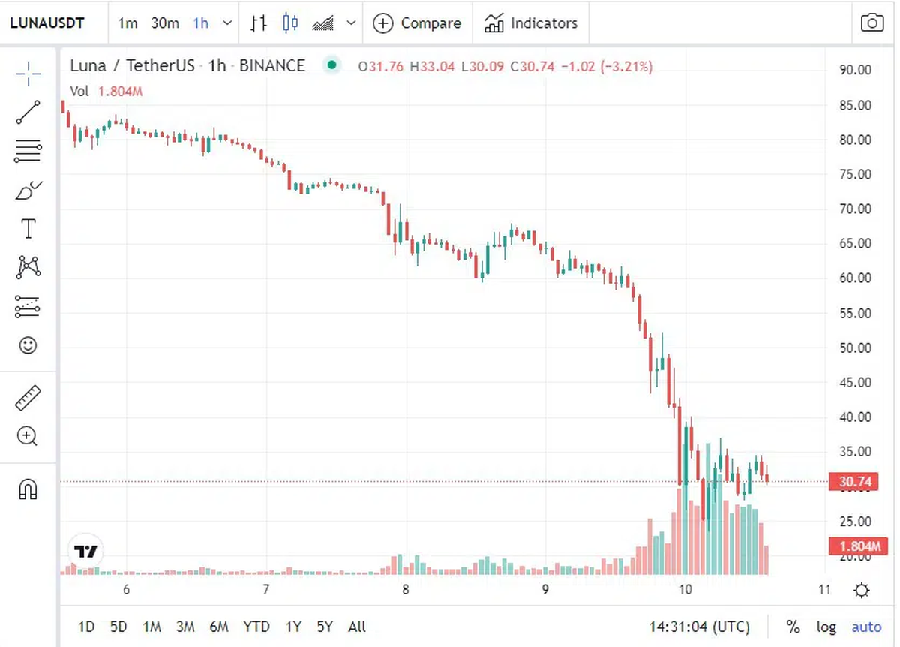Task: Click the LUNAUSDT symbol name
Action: [46, 23]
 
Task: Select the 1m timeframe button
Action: [127, 23]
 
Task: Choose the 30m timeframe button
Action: [165, 23]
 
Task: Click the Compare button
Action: [417, 23]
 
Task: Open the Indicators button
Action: [531, 23]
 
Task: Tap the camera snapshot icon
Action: [871, 23]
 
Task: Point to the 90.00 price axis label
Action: [855, 70]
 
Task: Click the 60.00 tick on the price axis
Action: [855, 278]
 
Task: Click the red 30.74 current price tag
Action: [853, 482]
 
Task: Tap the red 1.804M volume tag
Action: [853, 546]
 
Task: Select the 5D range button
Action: [118, 627]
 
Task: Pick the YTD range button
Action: [256, 627]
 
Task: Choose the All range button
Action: [357, 627]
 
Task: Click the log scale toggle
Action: [826, 627]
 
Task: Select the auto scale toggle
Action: [866, 627]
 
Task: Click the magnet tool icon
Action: [28, 490]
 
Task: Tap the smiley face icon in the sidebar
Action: [28, 345]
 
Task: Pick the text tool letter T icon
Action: [28, 229]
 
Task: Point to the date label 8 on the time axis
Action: [406, 590]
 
